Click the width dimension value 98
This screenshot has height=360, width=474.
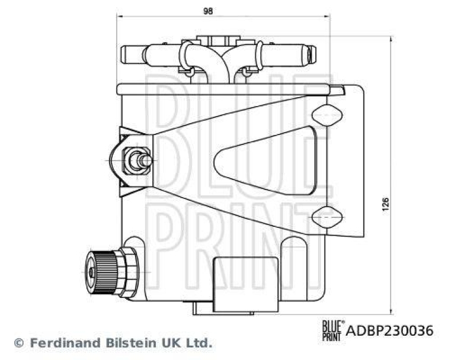pyautogui.click(x=207, y=11)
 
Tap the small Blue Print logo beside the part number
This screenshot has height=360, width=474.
pyautogui.click(x=331, y=329)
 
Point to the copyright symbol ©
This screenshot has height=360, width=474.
pyautogui.click(x=18, y=343)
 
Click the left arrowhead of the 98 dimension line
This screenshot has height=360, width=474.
pyautogui.click(x=119, y=18)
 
